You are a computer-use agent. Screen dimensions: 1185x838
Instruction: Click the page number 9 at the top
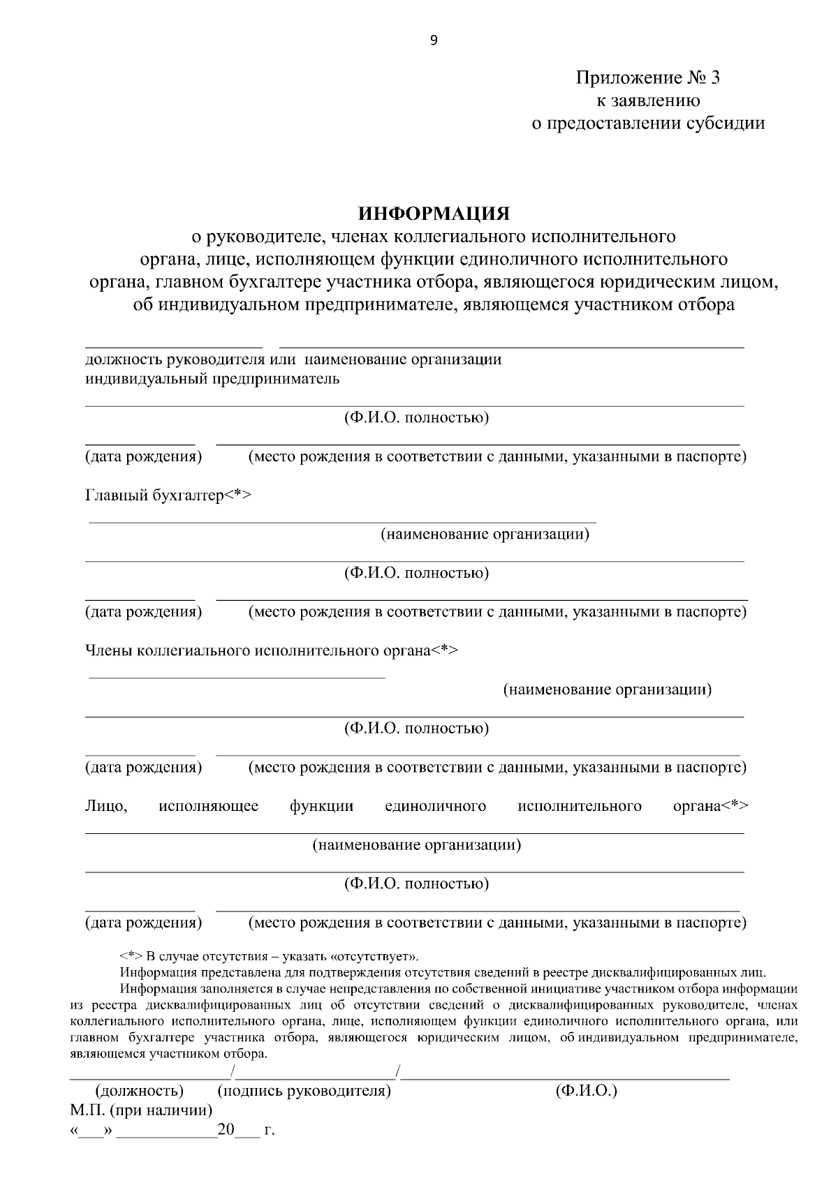click(x=434, y=40)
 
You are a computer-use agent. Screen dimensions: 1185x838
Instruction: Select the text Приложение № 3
click(x=647, y=77)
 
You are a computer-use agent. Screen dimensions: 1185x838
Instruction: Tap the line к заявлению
click(x=647, y=100)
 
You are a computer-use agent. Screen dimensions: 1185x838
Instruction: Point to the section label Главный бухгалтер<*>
click(x=168, y=495)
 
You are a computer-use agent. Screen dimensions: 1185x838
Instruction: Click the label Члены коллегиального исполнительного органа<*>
click(x=272, y=650)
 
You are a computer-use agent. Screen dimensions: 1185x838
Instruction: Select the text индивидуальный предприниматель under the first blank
click(x=212, y=379)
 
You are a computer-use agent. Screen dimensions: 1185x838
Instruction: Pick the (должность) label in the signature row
click(x=139, y=1090)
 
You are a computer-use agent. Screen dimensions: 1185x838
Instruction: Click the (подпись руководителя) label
click(x=304, y=1090)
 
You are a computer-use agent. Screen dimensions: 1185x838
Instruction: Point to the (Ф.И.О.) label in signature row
click(x=586, y=1090)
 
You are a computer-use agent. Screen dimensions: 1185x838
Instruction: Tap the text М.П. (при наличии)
click(x=141, y=1110)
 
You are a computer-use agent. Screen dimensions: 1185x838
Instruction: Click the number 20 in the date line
click(x=226, y=1130)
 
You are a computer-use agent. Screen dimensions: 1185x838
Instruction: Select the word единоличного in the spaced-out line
click(x=435, y=806)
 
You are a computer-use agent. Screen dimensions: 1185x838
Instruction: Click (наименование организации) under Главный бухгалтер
click(x=485, y=535)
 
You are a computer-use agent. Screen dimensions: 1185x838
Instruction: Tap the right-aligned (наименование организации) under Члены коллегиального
click(x=607, y=690)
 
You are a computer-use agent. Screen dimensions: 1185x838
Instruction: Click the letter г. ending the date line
click(x=270, y=1131)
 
